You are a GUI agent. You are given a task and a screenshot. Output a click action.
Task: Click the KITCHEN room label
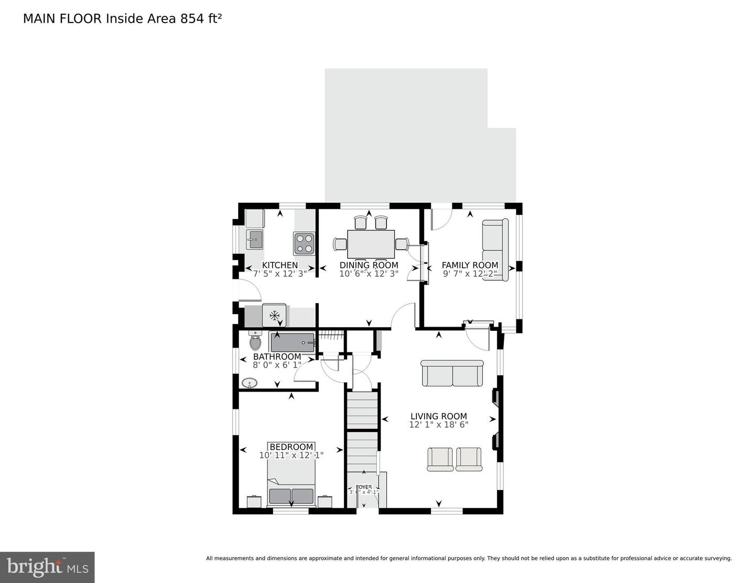click(279, 265)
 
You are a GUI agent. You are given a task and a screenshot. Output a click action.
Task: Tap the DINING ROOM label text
click(369, 265)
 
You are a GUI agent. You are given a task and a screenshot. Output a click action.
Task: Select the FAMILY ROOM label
click(470, 265)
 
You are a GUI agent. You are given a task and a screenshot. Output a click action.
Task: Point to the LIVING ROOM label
click(438, 416)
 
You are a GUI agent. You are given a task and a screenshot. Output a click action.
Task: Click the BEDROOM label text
click(292, 447)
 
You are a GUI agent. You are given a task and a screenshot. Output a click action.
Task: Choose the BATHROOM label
click(277, 357)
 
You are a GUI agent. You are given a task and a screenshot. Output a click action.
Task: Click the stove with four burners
click(304, 243)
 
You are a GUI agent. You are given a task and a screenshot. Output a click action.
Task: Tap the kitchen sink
click(255, 240)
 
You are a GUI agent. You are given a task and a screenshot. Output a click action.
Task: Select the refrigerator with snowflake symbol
click(274, 315)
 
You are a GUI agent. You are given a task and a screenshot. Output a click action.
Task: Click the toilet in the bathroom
click(255, 341)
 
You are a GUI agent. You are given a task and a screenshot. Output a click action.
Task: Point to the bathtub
click(292, 342)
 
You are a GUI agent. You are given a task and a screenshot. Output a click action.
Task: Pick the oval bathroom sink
click(250, 383)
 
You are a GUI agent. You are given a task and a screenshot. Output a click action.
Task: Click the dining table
click(370, 244)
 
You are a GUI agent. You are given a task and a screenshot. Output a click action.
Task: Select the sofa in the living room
click(452, 373)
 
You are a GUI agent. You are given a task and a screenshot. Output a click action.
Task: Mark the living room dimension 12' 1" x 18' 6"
click(438, 425)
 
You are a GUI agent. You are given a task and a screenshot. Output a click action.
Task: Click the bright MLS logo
click(47, 567)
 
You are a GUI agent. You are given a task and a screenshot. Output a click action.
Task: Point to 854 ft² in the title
click(201, 18)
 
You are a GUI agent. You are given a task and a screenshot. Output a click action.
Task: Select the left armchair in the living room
click(440, 459)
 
